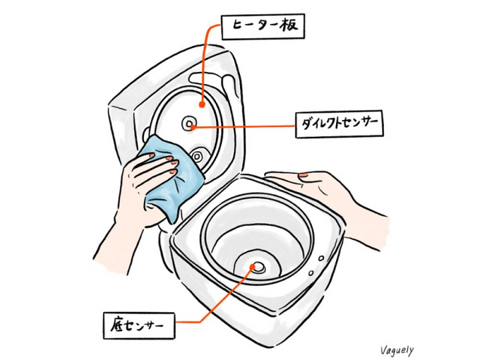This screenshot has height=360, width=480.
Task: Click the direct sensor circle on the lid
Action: tap(189, 124)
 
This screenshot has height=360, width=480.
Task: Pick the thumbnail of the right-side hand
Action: tap(303, 175)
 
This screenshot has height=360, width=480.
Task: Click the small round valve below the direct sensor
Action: tap(197, 157)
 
